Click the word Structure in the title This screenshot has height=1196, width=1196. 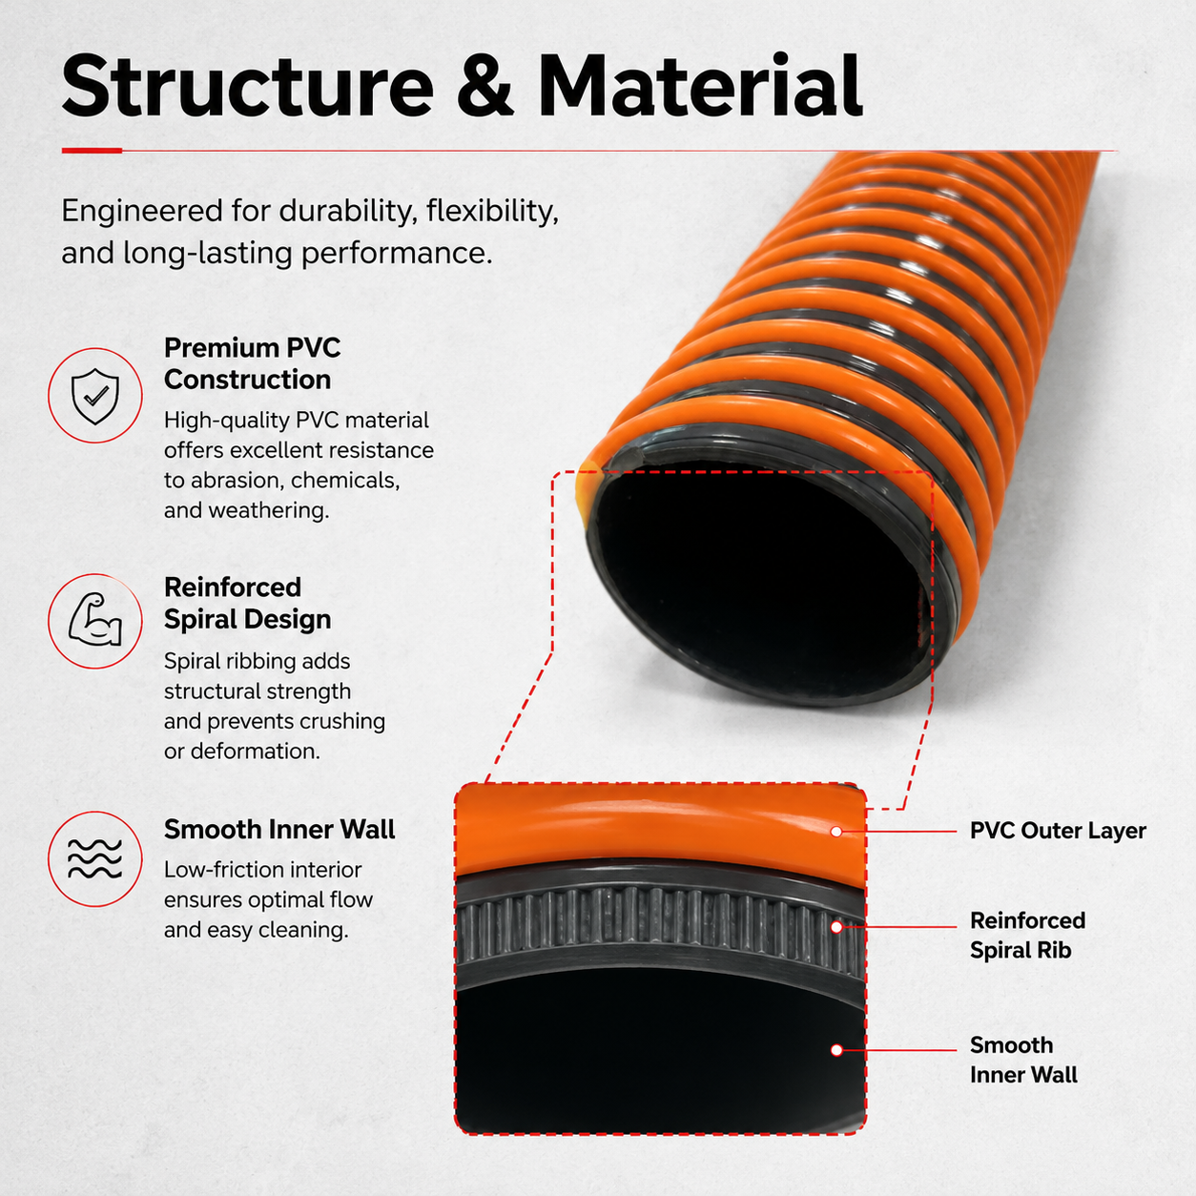248,86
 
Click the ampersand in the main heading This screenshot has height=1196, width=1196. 485,86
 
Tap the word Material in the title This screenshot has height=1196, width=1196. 700,86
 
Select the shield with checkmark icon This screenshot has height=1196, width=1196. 95,396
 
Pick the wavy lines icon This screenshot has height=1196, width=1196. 95,858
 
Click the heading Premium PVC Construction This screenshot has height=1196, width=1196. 252,363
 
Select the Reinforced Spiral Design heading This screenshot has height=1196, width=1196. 248,604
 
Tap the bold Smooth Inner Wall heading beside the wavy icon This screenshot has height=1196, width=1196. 279,829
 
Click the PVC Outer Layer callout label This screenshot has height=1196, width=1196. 1059,831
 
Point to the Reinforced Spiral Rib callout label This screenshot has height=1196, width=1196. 1028,936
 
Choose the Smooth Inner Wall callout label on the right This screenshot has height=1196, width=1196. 1024,1060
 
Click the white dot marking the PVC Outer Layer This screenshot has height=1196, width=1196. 836,831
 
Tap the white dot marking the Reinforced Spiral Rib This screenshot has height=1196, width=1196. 836,927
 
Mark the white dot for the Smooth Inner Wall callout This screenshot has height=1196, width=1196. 836,1050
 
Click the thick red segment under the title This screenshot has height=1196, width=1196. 92,150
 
